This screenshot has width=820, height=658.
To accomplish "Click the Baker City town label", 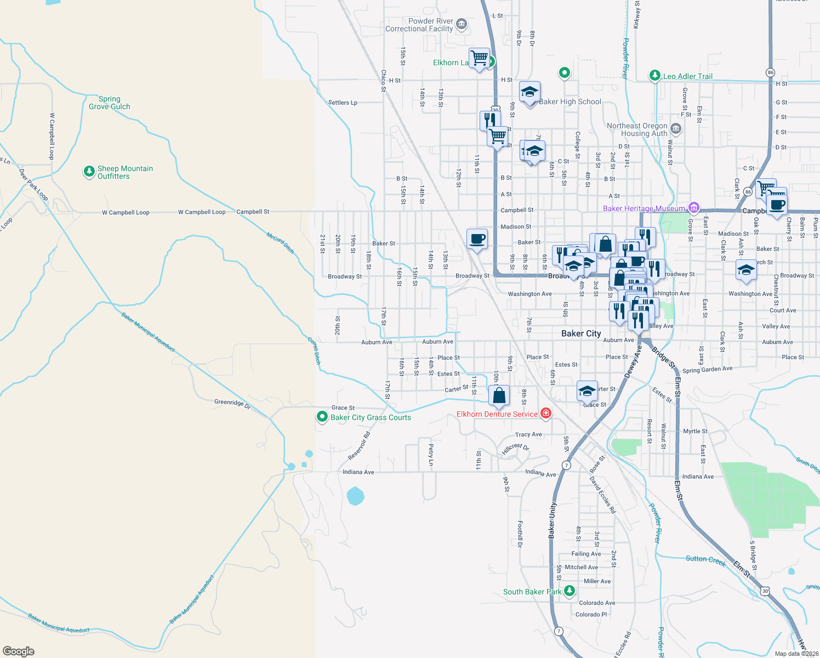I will [x=581, y=333].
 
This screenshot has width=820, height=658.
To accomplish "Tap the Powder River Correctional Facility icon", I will [x=462, y=24].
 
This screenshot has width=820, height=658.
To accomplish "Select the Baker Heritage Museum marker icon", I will [x=694, y=208].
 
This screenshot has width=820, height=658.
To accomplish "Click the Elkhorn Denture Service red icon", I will [x=545, y=413].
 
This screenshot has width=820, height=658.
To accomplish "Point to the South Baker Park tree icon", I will [x=570, y=591].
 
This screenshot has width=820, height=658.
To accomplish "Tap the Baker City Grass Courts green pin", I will [x=322, y=417].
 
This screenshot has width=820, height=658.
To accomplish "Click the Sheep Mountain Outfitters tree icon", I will [x=89, y=172].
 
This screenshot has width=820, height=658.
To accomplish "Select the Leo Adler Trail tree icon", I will [x=654, y=76].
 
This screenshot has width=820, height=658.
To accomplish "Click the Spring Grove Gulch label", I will [x=110, y=103].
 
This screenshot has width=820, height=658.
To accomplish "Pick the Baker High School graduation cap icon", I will [x=529, y=93].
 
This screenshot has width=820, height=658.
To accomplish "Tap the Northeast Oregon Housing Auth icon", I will [x=676, y=129].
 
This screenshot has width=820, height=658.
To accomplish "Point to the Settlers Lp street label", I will [x=343, y=103].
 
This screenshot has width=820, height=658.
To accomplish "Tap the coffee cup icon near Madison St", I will [x=477, y=239].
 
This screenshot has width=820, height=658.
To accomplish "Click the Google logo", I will [x=19, y=651].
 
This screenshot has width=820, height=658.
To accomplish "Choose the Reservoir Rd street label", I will [x=359, y=446].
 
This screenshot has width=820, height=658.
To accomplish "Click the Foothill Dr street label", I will [x=520, y=534].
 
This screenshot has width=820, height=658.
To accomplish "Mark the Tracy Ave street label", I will [x=528, y=434].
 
